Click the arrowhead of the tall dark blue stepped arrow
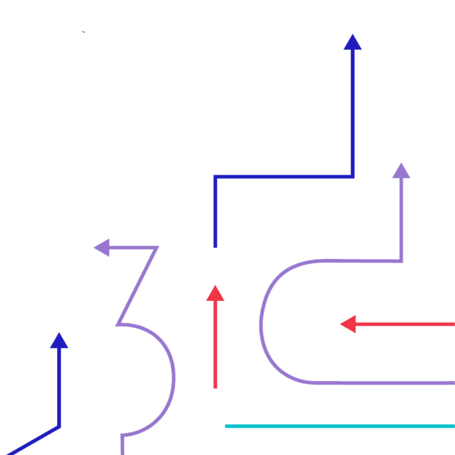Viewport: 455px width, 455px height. pyautogui.click(x=352, y=43)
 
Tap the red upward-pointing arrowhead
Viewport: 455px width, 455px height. pyautogui.click(x=215, y=294)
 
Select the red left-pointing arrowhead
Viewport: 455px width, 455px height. pyautogui.click(x=349, y=324)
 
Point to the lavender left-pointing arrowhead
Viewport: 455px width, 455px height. pyautogui.click(x=102, y=247)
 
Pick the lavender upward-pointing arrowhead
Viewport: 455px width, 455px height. pyautogui.click(x=401, y=172)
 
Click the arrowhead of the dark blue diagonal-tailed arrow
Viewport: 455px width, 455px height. pyautogui.click(x=59, y=341)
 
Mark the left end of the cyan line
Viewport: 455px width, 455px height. pyautogui.click(x=225, y=426)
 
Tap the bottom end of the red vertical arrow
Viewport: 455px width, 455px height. pyautogui.click(x=216, y=388)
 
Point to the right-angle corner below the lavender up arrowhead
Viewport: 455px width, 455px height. pyautogui.click(x=401, y=260)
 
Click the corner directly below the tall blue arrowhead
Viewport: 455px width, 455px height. pyautogui.click(x=352, y=176)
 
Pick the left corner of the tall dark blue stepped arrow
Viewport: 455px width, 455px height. pyautogui.click(x=216, y=176)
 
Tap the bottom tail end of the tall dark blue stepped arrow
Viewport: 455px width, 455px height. pyautogui.click(x=216, y=247)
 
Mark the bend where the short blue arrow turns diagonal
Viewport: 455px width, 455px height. pyautogui.click(x=59, y=427)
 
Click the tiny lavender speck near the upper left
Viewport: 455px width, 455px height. pyautogui.click(x=83, y=32)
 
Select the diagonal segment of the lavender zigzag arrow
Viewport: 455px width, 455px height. pyautogui.click(x=137, y=286)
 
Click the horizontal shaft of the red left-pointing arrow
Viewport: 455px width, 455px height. pyautogui.click(x=404, y=324)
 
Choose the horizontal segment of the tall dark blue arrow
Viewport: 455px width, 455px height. pyautogui.click(x=284, y=176)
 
